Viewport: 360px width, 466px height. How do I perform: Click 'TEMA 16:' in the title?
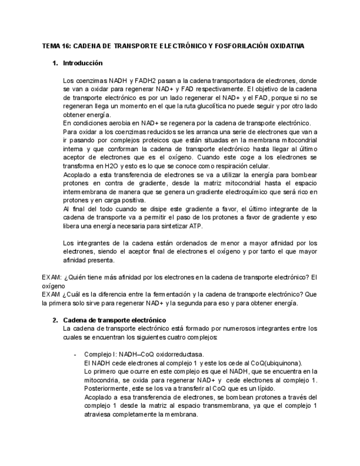point(56,46)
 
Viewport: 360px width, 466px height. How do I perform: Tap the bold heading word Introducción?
point(82,63)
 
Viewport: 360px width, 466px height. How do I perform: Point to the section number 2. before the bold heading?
point(56,320)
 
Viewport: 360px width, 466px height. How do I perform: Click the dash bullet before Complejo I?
point(75,354)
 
